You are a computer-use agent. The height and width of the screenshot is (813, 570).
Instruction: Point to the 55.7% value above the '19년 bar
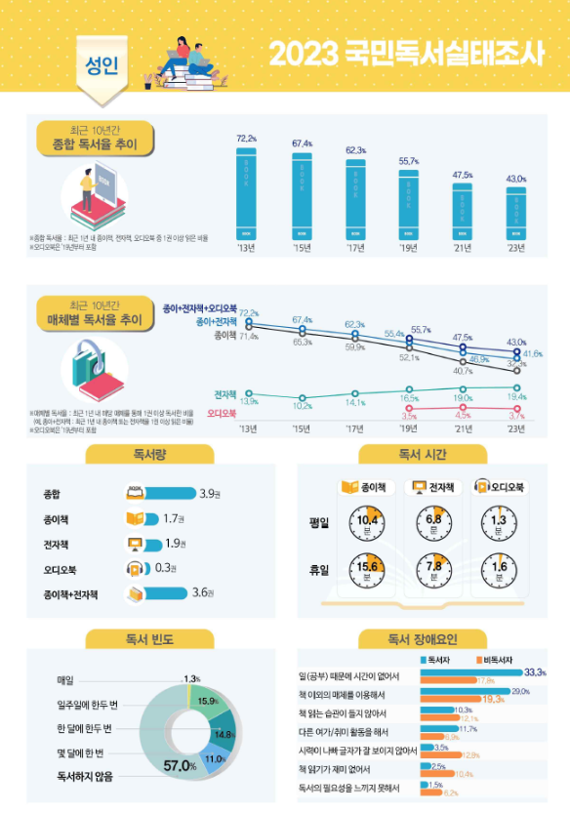pyautogui.click(x=408, y=161)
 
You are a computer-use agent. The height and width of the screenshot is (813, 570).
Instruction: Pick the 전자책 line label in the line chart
pyautogui.click(x=225, y=394)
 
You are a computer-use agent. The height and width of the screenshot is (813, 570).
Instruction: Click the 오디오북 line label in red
pyautogui.click(x=223, y=414)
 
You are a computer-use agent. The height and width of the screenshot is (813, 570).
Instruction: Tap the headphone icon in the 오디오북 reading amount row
pyautogui.click(x=136, y=568)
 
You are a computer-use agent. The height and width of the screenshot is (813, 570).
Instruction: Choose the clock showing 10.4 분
pyautogui.click(x=366, y=524)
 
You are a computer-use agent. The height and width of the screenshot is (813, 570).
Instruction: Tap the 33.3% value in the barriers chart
pyautogui.click(x=535, y=672)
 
